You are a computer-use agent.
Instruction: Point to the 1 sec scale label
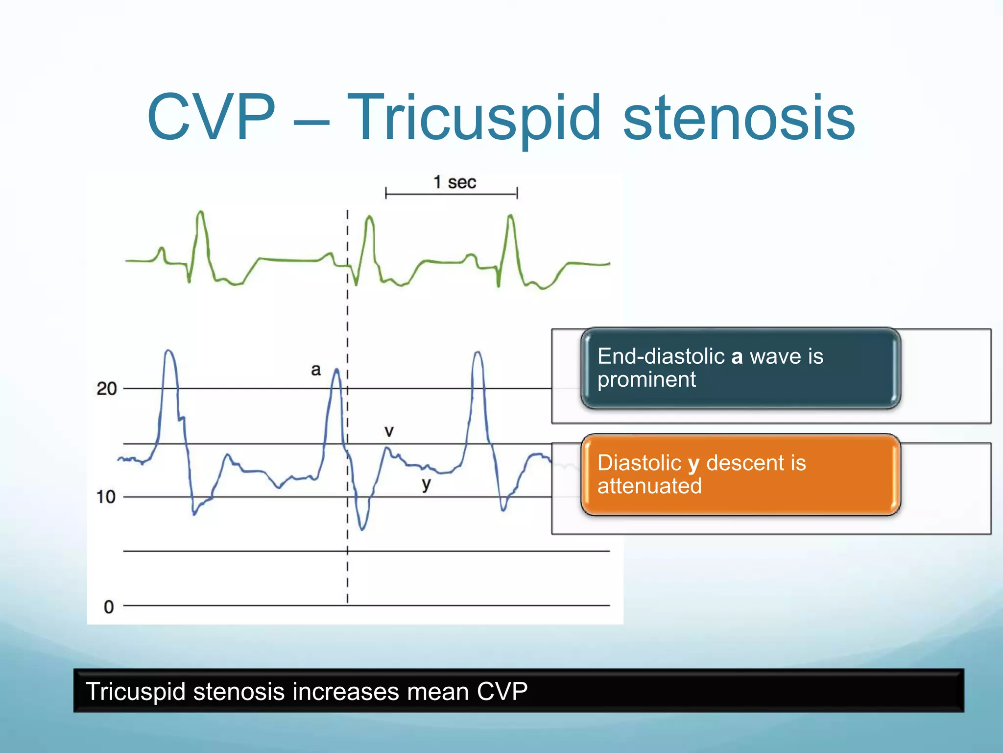pos(454,182)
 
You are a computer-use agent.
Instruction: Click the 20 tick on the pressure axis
pos(107,389)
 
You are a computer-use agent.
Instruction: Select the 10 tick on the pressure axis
pos(106,497)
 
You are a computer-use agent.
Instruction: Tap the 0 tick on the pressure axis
pos(109,607)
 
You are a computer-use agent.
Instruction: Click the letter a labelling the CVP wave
pos(316,370)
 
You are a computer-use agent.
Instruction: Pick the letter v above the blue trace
pos(389,431)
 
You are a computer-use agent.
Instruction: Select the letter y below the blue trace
pos(426,484)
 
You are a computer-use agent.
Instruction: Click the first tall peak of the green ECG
pos(200,212)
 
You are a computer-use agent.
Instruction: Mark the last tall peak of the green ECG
pos(510,216)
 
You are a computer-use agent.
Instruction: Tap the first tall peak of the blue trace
pos(168,351)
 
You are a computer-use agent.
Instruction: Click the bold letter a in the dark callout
pos(737,356)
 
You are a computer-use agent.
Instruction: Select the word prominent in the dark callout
pos(646,380)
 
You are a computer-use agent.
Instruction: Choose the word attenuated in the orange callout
pos(649,486)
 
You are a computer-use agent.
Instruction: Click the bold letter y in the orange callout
pos(693,464)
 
